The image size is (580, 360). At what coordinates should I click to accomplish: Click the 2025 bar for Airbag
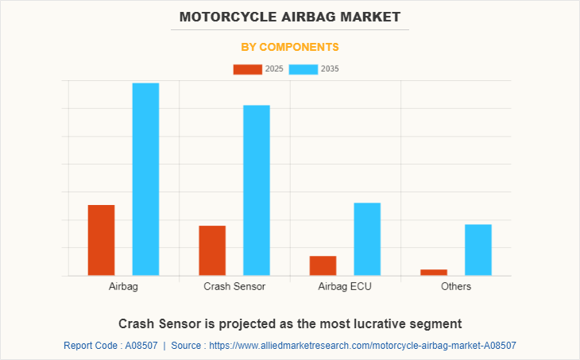pos(101,240)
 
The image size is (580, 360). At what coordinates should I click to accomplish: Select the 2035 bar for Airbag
pos(145,179)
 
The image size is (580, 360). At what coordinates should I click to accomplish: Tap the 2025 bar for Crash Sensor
pos(212,250)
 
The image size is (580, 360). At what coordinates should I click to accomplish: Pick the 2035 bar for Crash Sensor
pos(257,190)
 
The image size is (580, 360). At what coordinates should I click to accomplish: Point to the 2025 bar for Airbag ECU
pos(323,265)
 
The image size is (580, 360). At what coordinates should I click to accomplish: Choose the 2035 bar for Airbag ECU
pos(367,239)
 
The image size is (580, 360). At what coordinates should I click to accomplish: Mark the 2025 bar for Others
pos(434,273)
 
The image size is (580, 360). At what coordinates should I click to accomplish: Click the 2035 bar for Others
pos(478,250)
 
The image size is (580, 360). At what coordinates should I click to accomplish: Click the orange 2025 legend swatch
pos(247,69)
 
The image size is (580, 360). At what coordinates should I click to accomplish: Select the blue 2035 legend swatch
pos(304,69)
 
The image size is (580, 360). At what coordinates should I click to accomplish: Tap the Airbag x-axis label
pos(123,286)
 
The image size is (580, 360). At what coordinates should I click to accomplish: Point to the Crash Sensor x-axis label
pos(234,286)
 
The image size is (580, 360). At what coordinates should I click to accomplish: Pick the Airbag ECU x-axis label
pos(345,286)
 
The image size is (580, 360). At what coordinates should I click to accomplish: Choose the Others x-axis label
pos(456,286)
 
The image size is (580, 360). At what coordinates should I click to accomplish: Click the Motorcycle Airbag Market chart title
pos(289,16)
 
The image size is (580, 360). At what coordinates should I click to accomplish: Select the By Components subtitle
pos(289,47)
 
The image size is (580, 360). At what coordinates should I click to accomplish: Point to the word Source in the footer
pos(188,346)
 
